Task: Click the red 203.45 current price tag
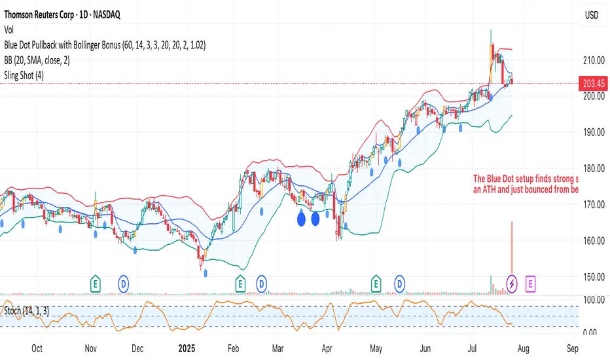click(594, 83)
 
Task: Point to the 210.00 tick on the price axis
click(593, 60)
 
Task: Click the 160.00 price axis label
click(593, 241)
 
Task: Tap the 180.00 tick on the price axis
click(593, 168)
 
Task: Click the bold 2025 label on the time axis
click(188, 348)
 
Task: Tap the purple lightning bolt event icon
click(512, 283)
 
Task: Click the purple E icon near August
click(530, 283)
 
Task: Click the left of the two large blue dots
click(301, 217)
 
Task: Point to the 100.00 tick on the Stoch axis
click(592, 300)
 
